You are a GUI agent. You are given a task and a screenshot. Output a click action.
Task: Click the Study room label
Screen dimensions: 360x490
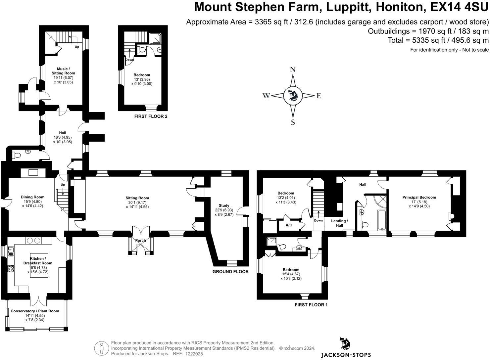224,205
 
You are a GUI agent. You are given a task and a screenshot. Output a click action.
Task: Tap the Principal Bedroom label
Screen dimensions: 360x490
419,197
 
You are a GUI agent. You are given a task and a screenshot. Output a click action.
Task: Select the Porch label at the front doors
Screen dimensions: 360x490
140,241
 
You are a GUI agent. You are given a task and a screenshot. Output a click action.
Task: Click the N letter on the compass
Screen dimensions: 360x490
293,69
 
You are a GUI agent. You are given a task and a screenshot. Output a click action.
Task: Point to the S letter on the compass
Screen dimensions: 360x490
293,122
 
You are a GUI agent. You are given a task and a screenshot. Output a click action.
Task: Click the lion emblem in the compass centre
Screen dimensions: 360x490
293,96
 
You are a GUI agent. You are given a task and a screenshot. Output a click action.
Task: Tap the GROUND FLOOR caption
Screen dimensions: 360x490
230,272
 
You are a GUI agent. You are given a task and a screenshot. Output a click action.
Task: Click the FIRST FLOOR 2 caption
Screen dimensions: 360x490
151,116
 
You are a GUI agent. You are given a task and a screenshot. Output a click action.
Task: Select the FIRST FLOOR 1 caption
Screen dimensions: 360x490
311,305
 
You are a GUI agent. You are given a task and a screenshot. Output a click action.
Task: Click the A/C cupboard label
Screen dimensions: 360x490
289,225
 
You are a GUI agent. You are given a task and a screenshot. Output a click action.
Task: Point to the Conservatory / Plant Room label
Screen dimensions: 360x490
35,311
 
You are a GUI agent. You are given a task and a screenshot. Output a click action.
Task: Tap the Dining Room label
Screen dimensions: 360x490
32,197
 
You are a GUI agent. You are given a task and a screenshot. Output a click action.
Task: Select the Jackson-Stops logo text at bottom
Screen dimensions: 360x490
346,355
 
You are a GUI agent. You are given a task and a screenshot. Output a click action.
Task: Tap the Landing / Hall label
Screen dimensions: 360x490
339,223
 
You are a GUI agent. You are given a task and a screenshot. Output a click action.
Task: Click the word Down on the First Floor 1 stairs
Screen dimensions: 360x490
318,221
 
